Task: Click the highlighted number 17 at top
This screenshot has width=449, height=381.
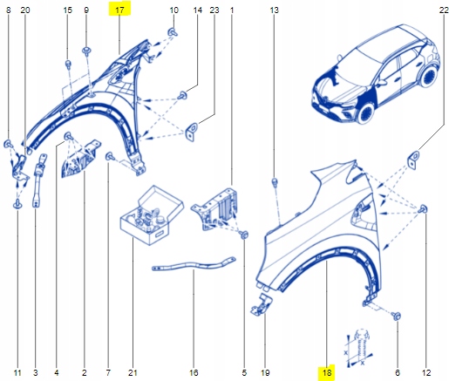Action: [119, 10]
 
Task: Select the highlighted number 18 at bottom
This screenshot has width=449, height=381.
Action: [327, 372]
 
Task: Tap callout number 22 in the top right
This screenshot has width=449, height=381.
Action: [444, 10]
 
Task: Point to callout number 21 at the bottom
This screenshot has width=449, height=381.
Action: [133, 372]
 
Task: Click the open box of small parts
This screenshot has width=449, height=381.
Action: [152, 215]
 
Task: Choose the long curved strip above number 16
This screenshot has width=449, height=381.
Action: [194, 264]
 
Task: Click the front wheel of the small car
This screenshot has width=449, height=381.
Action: [366, 112]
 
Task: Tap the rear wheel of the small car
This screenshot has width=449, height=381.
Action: [428, 76]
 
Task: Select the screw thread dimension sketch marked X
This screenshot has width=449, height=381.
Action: [359, 348]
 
